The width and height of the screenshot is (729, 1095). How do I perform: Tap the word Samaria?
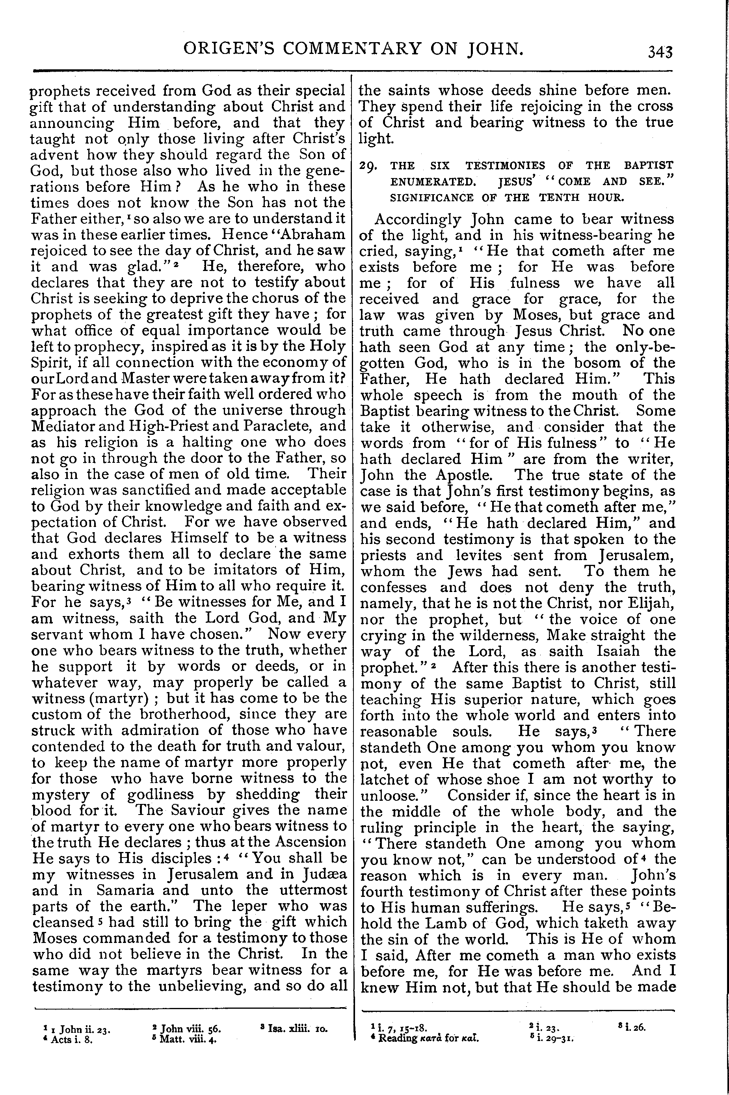tap(143, 890)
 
